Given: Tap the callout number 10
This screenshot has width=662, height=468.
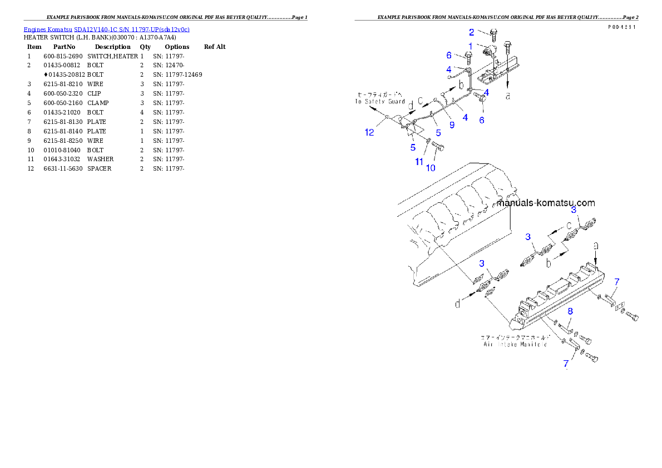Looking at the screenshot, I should (x=431, y=167).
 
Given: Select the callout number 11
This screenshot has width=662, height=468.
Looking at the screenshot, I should (x=419, y=161).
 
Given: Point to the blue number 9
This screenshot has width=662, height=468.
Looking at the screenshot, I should (x=452, y=125).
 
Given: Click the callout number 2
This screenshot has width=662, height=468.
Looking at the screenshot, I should (x=471, y=32).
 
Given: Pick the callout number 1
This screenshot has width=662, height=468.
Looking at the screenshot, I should (x=470, y=46).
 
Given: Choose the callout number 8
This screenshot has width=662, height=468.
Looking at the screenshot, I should (x=570, y=312).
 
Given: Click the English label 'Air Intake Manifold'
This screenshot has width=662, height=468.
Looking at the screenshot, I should (x=514, y=345).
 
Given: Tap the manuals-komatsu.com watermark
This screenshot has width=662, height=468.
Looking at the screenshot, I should (x=546, y=203).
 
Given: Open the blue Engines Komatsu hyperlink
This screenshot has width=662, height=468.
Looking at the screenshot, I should (x=106, y=29).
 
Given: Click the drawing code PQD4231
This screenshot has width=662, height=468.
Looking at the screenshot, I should (x=623, y=27).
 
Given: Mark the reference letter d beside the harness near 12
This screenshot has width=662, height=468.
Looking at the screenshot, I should (x=411, y=106).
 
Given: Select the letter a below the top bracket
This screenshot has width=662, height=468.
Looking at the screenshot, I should (x=507, y=96).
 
